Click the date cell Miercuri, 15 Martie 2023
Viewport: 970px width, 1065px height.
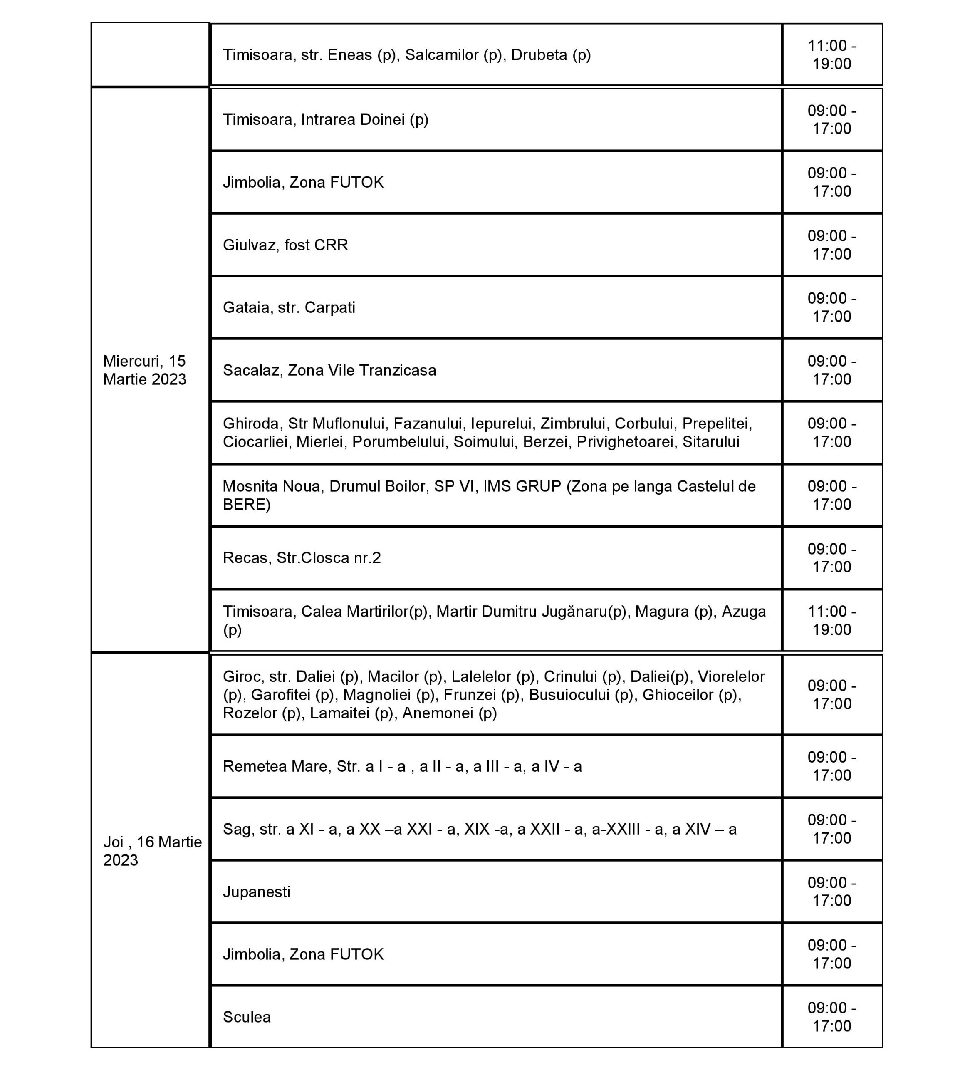pos(145,370)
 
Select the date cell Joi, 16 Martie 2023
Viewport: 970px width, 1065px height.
pos(152,850)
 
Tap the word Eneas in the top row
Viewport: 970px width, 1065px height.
pos(350,55)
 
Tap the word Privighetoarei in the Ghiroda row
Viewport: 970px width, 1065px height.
pos(625,442)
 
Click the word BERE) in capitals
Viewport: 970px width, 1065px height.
pos(246,505)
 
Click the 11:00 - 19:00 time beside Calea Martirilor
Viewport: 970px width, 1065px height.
pos(831,620)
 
